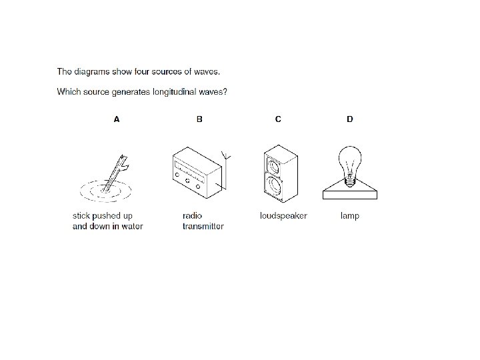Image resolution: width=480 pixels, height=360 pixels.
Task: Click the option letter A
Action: (x=116, y=119)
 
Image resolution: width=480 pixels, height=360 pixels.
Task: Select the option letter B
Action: (x=199, y=119)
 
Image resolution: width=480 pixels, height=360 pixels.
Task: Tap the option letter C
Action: (x=278, y=119)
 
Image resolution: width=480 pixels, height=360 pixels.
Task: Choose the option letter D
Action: (x=350, y=119)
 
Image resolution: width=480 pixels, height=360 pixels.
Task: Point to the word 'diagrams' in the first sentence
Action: (x=92, y=71)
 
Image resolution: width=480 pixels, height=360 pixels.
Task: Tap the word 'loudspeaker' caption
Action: (x=283, y=216)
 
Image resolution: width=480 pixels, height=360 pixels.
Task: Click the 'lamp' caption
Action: (x=350, y=216)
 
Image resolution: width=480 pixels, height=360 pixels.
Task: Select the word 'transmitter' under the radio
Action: (x=203, y=226)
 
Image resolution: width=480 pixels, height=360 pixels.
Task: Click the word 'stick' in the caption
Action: (x=81, y=216)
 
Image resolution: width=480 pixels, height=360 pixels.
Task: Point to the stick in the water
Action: (x=115, y=173)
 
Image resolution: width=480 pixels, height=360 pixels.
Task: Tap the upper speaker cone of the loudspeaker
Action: (x=273, y=166)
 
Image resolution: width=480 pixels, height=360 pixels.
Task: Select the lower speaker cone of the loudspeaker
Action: (x=274, y=185)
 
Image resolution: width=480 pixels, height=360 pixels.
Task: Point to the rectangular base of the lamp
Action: (x=350, y=195)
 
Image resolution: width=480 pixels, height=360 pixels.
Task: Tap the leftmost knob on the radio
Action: (x=177, y=175)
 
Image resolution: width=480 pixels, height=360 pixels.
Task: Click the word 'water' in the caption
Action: (x=132, y=226)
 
